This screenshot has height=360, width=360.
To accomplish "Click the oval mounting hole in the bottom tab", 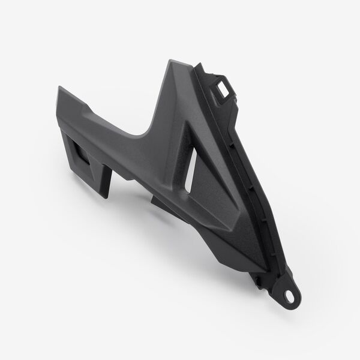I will click(290, 295).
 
